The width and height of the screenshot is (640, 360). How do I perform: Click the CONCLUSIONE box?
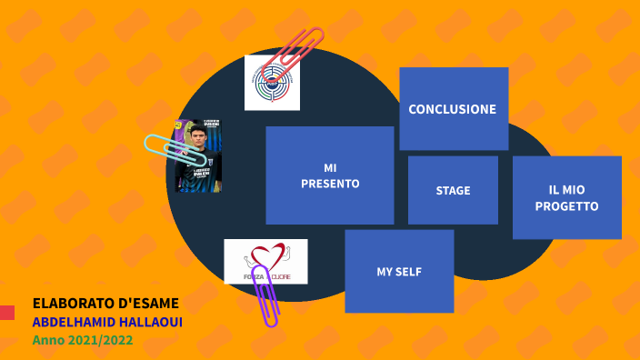click(453, 108)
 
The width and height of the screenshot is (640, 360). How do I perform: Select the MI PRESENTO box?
click(329, 175)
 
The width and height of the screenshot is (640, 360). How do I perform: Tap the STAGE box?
click(453, 190)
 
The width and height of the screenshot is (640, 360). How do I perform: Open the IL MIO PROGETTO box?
click(566, 197)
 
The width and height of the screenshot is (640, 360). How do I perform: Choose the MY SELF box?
click(399, 271)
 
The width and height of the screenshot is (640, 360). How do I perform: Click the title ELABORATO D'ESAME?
click(105, 304)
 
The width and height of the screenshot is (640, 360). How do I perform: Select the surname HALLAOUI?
click(152, 322)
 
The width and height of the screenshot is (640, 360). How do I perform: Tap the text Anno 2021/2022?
click(83, 340)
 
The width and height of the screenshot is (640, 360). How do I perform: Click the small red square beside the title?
click(6, 312)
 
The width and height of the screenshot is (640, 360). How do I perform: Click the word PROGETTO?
click(566, 206)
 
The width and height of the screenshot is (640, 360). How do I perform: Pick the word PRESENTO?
click(330, 184)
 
